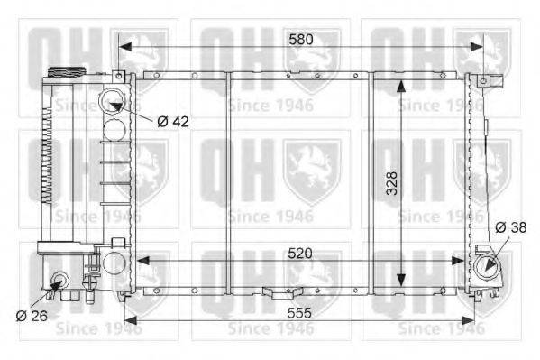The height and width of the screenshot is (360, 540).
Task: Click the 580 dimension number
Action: pyautogui.click(x=301, y=40)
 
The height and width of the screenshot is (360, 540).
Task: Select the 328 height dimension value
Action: pyautogui.click(x=392, y=183)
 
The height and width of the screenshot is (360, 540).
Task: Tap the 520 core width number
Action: pyautogui.click(x=300, y=254)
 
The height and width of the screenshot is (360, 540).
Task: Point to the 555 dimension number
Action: pyautogui.click(x=299, y=313)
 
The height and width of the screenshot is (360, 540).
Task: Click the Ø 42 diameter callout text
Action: pyautogui.click(x=173, y=122)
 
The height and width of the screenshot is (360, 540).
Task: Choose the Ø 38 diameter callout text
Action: pyautogui.click(x=511, y=227)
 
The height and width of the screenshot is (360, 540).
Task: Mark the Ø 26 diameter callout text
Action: pyautogui.click(x=32, y=316)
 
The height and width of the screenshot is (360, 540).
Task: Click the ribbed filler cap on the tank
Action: pyautogui.click(x=66, y=72)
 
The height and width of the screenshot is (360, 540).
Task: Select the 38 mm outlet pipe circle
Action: pyautogui.click(x=487, y=267)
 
